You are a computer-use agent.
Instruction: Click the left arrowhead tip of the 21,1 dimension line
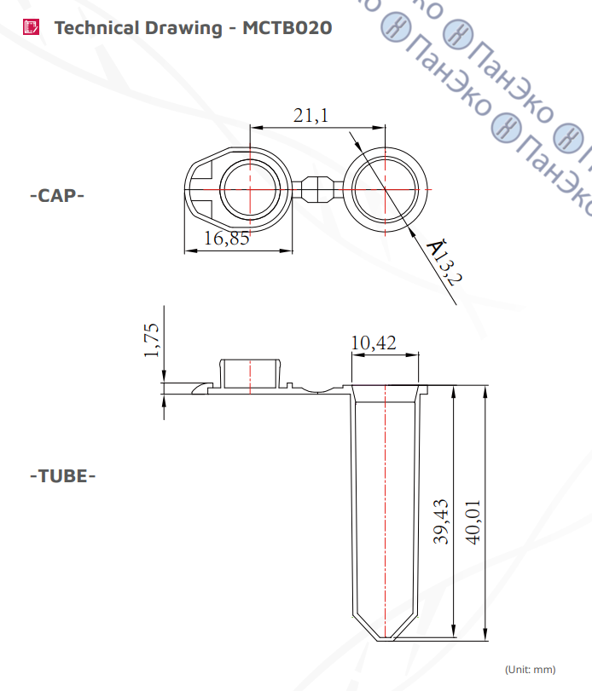click(251, 128)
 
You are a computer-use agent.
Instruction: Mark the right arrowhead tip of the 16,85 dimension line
click(293, 251)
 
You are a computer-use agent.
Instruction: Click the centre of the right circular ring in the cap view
click(385, 189)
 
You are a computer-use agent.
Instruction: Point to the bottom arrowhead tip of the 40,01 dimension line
click(485, 641)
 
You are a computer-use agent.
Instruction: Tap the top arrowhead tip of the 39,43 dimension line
click(454, 386)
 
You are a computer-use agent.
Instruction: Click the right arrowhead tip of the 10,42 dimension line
click(419, 354)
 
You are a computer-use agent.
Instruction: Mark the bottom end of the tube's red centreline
click(385, 638)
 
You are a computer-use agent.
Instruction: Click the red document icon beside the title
click(31, 27)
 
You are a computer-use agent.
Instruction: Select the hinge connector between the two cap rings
click(317, 189)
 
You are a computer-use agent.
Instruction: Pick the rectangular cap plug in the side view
click(250, 374)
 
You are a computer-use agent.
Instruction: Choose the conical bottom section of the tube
click(385, 626)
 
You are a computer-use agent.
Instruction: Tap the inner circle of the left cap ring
click(250, 190)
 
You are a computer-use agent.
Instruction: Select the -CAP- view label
click(57, 195)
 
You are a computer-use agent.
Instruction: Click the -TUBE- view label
click(62, 476)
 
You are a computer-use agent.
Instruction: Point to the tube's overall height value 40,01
click(473, 522)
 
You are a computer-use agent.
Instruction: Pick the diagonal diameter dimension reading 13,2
click(444, 262)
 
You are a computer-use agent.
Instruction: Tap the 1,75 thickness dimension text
click(151, 340)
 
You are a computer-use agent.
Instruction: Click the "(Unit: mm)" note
click(531, 670)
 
